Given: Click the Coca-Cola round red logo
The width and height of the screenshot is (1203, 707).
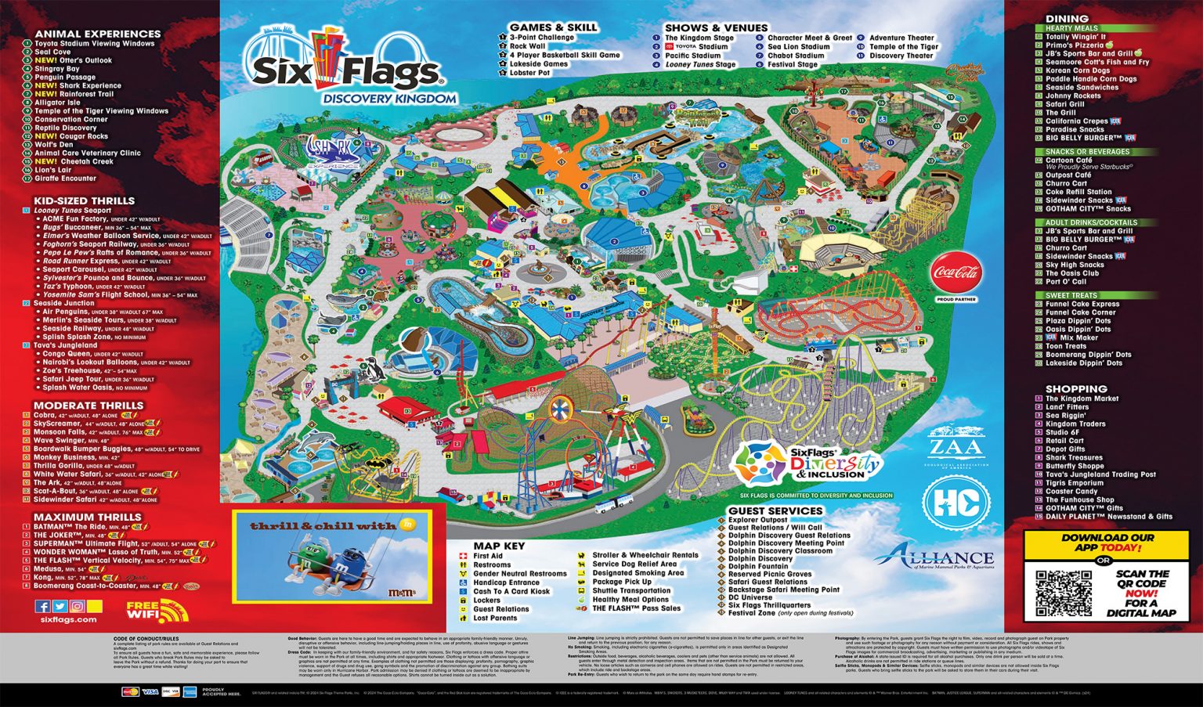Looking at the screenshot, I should [x=956, y=273].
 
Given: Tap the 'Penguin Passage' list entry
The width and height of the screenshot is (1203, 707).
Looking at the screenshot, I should [x=65, y=78].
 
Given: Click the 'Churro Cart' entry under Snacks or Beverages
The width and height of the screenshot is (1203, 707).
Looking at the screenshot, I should [x=1066, y=183].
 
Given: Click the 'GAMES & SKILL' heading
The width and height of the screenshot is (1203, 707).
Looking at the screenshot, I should [x=553, y=27].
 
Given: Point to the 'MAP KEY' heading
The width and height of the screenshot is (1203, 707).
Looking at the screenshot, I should [x=499, y=546].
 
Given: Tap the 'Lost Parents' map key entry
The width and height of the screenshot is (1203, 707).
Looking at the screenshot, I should [x=495, y=618].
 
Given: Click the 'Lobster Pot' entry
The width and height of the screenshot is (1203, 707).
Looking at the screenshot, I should [x=529, y=73].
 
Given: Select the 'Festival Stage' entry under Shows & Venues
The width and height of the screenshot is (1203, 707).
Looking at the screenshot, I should [x=792, y=65].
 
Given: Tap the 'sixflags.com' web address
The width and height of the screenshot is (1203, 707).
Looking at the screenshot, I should [x=68, y=619].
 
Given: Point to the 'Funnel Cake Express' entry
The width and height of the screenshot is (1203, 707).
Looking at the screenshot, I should [x=1082, y=304].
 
